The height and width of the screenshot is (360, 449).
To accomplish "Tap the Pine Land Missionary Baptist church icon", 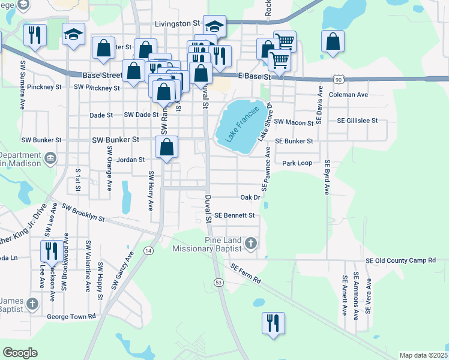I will point(252,244).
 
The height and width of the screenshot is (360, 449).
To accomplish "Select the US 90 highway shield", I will point(339,80).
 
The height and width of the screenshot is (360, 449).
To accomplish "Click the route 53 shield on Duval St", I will point(218,282).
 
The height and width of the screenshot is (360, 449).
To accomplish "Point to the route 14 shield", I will point(148,250).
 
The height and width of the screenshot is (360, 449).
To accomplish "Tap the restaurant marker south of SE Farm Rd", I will point(273,323).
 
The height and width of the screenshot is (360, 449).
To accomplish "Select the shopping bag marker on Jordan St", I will point(167,146).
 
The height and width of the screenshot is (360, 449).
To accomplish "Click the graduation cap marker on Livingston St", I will point(214,25).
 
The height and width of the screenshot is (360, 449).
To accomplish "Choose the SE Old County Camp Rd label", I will point(401,260).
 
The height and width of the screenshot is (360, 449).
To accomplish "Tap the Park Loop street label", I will point(297,163).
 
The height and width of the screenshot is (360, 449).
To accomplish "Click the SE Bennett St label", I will point(235,215).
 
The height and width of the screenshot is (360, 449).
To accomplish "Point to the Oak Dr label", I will point(250,197).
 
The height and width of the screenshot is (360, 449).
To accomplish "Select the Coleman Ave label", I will point(349,95).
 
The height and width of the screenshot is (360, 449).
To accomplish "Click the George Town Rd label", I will point(71,316).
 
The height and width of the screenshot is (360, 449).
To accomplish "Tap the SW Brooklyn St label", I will point(83,212).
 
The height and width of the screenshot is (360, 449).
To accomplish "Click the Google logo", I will point(20,353).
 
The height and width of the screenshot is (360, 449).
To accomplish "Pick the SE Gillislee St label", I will point(357,120).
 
